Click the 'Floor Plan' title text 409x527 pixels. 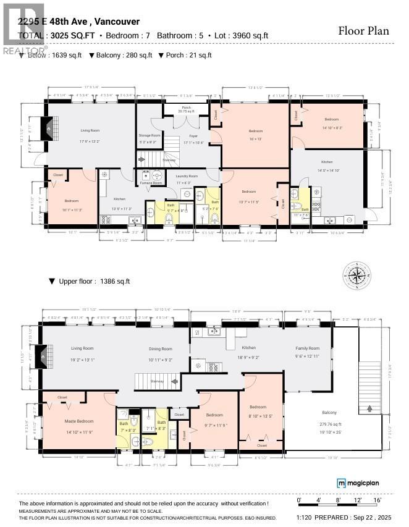(x=364, y=31)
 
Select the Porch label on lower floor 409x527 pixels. (x=186, y=108)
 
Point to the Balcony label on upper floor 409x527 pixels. (x=329, y=413)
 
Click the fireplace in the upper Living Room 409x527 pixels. (x=43, y=356)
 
